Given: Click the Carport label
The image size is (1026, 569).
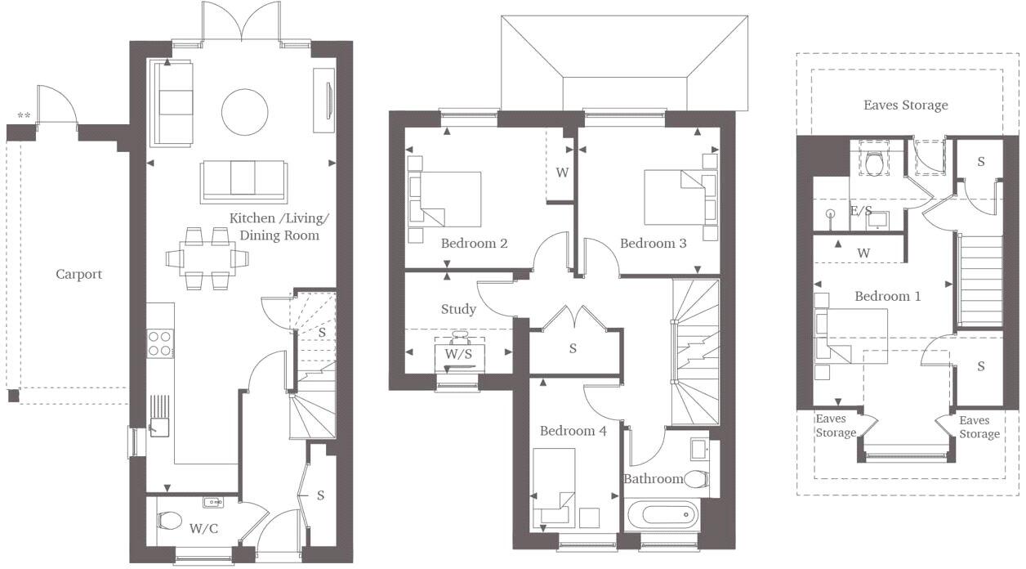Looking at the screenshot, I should tap(79, 274).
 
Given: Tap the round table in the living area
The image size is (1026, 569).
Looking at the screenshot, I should tap(244, 111).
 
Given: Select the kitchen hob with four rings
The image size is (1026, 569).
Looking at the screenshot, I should tap(160, 343).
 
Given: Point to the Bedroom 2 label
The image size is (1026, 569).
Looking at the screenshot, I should tap(475, 243).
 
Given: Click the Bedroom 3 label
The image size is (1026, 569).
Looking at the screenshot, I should tap(653, 243).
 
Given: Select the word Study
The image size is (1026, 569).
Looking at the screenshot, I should tap(458, 309).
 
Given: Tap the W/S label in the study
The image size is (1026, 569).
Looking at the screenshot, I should tap(458, 355).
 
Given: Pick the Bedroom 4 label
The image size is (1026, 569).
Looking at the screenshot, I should tap(573, 431).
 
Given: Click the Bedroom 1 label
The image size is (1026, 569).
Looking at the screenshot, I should tap(887, 296).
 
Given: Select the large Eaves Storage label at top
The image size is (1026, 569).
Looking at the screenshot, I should tap(906, 105).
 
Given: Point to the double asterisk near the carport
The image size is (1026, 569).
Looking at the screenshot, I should tap(24, 116).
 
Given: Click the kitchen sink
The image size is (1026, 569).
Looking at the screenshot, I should tap(158, 426).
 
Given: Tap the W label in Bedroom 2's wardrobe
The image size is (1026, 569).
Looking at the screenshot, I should tap(562, 172).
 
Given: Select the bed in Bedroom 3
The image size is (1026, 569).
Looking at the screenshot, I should tap(674, 196).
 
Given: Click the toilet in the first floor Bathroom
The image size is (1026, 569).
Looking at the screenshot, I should tap(695, 479).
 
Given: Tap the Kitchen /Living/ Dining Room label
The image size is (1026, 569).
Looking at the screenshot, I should tap(279, 226).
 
